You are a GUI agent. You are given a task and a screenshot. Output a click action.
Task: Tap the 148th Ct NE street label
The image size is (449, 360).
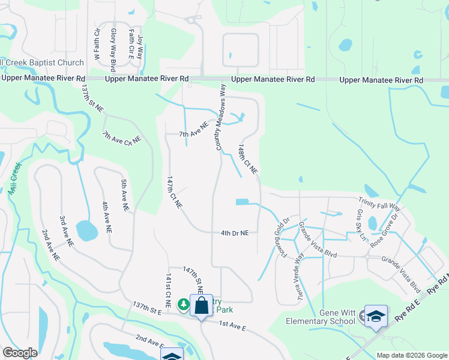(247, 159)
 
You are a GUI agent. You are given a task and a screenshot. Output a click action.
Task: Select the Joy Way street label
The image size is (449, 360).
(140, 46)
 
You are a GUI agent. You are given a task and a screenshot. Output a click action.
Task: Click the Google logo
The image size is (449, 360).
(20, 353)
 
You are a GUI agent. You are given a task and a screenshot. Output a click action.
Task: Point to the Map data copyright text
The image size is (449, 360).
(411, 355)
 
